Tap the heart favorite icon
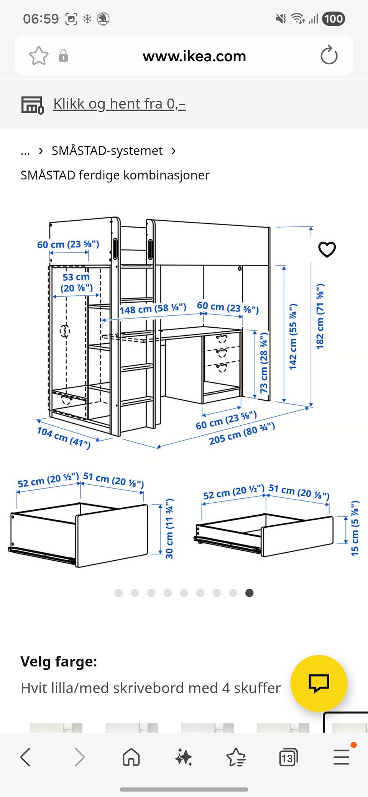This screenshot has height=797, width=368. pos(327,249)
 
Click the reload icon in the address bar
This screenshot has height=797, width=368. pos(329,56)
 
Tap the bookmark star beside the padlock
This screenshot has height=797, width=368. pos(39,56)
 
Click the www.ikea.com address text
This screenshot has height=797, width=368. pos(194,56)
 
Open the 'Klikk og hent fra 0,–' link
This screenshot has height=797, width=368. pos(119,104)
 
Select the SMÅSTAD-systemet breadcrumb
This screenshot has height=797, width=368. pos(107,151)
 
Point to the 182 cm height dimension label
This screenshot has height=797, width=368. pos(320,317)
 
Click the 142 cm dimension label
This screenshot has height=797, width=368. pos(293,337)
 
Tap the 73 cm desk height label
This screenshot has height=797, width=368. pos(264,363)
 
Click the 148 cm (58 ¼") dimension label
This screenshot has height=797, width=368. pos(153,308)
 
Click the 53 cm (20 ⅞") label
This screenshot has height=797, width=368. pos(76,282)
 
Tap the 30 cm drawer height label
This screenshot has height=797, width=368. pos(169,529)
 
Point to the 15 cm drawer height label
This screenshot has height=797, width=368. pos(355,528)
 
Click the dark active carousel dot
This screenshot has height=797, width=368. pos(249,593)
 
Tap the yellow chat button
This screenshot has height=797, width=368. pos(319,683)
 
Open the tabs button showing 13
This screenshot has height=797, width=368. pos(288,758)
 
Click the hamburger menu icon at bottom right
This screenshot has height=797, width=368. pos(341,758)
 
